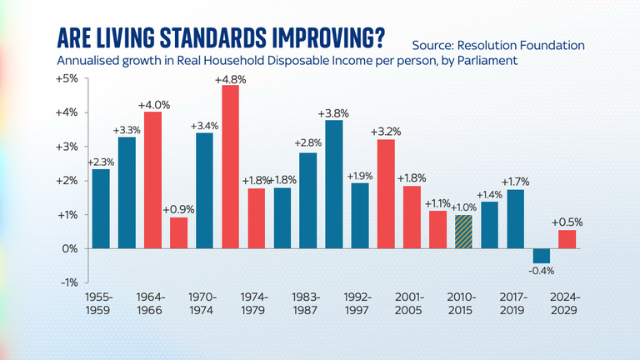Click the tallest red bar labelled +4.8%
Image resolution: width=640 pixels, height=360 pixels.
(230, 167)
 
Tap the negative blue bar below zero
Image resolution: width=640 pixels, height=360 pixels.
(542, 256)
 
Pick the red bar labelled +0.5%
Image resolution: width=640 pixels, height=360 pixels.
(567, 239)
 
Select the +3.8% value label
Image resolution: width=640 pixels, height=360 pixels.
(333, 112)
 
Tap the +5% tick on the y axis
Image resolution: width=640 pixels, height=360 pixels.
(67, 78)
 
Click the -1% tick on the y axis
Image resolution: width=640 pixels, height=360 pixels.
(67, 282)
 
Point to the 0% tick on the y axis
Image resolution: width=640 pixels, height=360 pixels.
(70, 248)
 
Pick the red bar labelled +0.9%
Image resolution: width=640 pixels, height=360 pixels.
(178, 232)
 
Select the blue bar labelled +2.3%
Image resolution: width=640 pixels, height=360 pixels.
(101, 208)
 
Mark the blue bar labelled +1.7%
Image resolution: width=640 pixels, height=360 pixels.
(516, 219)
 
